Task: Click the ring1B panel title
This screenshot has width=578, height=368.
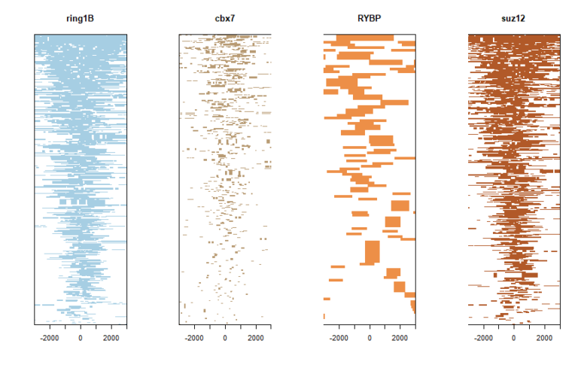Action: pyautogui.click(x=80, y=18)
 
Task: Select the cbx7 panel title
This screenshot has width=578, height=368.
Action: pyautogui.click(x=224, y=18)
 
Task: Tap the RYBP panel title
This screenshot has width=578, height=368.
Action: pyautogui.click(x=369, y=18)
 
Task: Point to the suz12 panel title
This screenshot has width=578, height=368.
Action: pyautogui.click(x=513, y=18)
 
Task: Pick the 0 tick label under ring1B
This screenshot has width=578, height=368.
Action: pyautogui.click(x=81, y=339)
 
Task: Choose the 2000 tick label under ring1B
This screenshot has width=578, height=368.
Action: pyautogui.click(x=111, y=339)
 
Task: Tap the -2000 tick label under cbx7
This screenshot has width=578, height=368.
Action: pyautogui.click(x=194, y=339)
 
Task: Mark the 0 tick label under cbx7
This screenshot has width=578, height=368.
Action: pyautogui.click(x=225, y=339)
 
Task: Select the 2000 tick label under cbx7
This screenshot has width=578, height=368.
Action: pyautogui.click(x=255, y=339)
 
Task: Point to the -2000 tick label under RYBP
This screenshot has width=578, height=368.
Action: pyautogui.click(x=339, y=339)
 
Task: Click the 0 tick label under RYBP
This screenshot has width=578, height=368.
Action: pyautogui.click(x=370, y=339)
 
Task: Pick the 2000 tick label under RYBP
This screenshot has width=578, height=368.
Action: pyautogui.click(x=400, y=339)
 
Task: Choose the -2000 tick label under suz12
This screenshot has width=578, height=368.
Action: pyautogui.click(x=483, y=339)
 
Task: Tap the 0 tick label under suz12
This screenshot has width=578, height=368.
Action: pyautogui.click(x=514, y=339)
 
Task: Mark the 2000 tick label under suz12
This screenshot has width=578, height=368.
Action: pyautogui.click(x=544, y=339)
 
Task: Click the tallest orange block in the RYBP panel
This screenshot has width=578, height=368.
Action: pyautogui.click(x=372, y=252)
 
